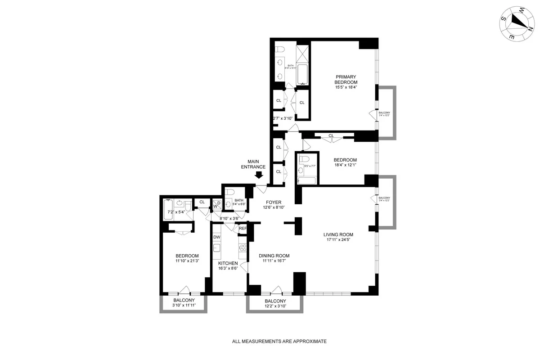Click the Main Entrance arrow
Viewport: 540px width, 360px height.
click(x=259, y=176)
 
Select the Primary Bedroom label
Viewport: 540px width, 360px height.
click(x=346, y=79)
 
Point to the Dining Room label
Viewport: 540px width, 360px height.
click(x=274, y=256)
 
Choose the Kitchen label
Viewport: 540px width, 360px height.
click(x=228, y=263)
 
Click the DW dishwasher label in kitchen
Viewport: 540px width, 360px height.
click(x=217, y=237)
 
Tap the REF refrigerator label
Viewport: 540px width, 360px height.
click(x=243, y=229)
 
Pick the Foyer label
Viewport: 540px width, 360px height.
click(x=273, y=202)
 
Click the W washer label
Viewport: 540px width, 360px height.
click(x=215, y=207)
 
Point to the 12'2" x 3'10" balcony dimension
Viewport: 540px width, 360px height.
click(x=275, y=306)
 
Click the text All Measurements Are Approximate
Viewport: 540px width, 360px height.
click(x=279, y=342)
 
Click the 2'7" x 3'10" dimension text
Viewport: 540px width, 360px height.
click(x=283, y=118)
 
